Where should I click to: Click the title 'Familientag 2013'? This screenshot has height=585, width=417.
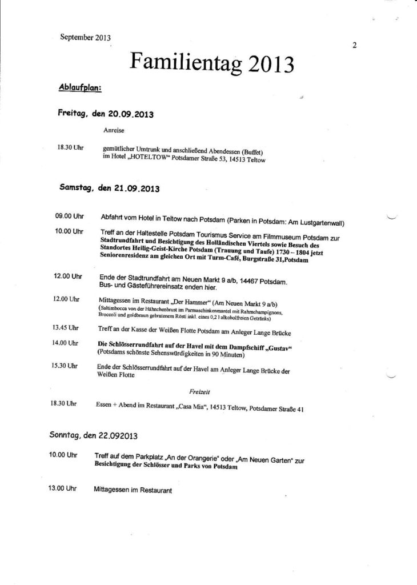(211, 62)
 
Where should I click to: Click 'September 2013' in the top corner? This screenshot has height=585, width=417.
(85, 38)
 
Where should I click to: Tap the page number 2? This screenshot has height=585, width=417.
(355, 47)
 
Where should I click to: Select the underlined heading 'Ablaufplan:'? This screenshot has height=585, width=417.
(81, 87)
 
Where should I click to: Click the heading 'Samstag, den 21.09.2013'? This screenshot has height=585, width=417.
(109, 187)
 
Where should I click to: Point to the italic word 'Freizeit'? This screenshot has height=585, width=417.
(197, 391)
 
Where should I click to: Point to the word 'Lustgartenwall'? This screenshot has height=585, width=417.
(326, 223)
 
